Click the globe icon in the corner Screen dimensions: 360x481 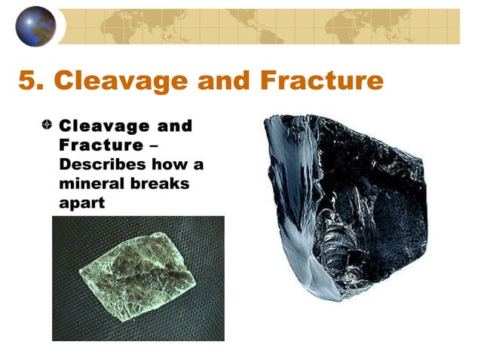pyautogui.click(x=35, y=26)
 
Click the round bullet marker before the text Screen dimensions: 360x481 pyautogui.click(x=47, y=126)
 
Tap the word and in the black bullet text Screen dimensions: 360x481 pyautogui.click(x=170, y=126)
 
